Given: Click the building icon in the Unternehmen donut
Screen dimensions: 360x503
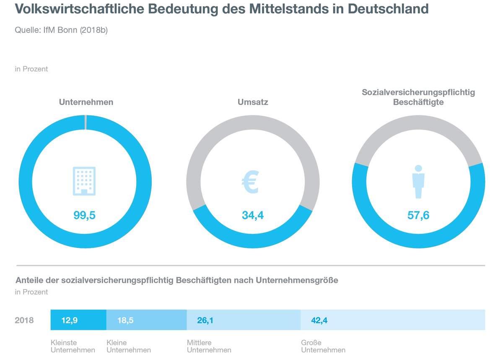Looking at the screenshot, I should click(x=85, y=181).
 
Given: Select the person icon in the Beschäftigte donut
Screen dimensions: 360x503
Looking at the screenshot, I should click(x=418, y=182).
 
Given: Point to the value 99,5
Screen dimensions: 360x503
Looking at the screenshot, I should click(x=85, y=215).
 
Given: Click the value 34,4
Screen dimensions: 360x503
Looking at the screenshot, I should click(x=253, y=215).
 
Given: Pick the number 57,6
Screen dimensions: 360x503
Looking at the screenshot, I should click(x=418, y=215).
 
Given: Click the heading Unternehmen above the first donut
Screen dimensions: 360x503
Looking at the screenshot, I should click(x=86, y=102).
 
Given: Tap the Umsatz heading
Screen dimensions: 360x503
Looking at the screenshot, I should click(x=252, y=102).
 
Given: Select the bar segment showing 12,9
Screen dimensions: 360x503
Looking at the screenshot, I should click(x=78, y=321).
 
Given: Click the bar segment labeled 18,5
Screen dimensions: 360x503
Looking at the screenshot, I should click(x=146, y=321).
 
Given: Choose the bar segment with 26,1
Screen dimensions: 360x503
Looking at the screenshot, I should click(x=244, y=321).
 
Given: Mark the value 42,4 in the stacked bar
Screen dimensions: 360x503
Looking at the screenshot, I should click(x=319, y=321).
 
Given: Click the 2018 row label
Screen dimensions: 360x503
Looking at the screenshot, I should click(x=24, y=321).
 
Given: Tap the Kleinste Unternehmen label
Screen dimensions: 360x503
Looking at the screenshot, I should click(x=73, y=346).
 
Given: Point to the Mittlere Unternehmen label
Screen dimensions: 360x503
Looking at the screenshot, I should click(x=209, y=346).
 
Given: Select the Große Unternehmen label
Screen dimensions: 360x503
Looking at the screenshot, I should click(x=323, y=346).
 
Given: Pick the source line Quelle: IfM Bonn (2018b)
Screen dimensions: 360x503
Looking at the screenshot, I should click(x=61, y=30).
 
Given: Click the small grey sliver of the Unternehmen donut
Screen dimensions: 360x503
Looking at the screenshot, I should click(x=86, y=122).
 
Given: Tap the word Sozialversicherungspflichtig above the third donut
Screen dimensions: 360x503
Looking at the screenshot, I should click(x=418, y=92).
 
